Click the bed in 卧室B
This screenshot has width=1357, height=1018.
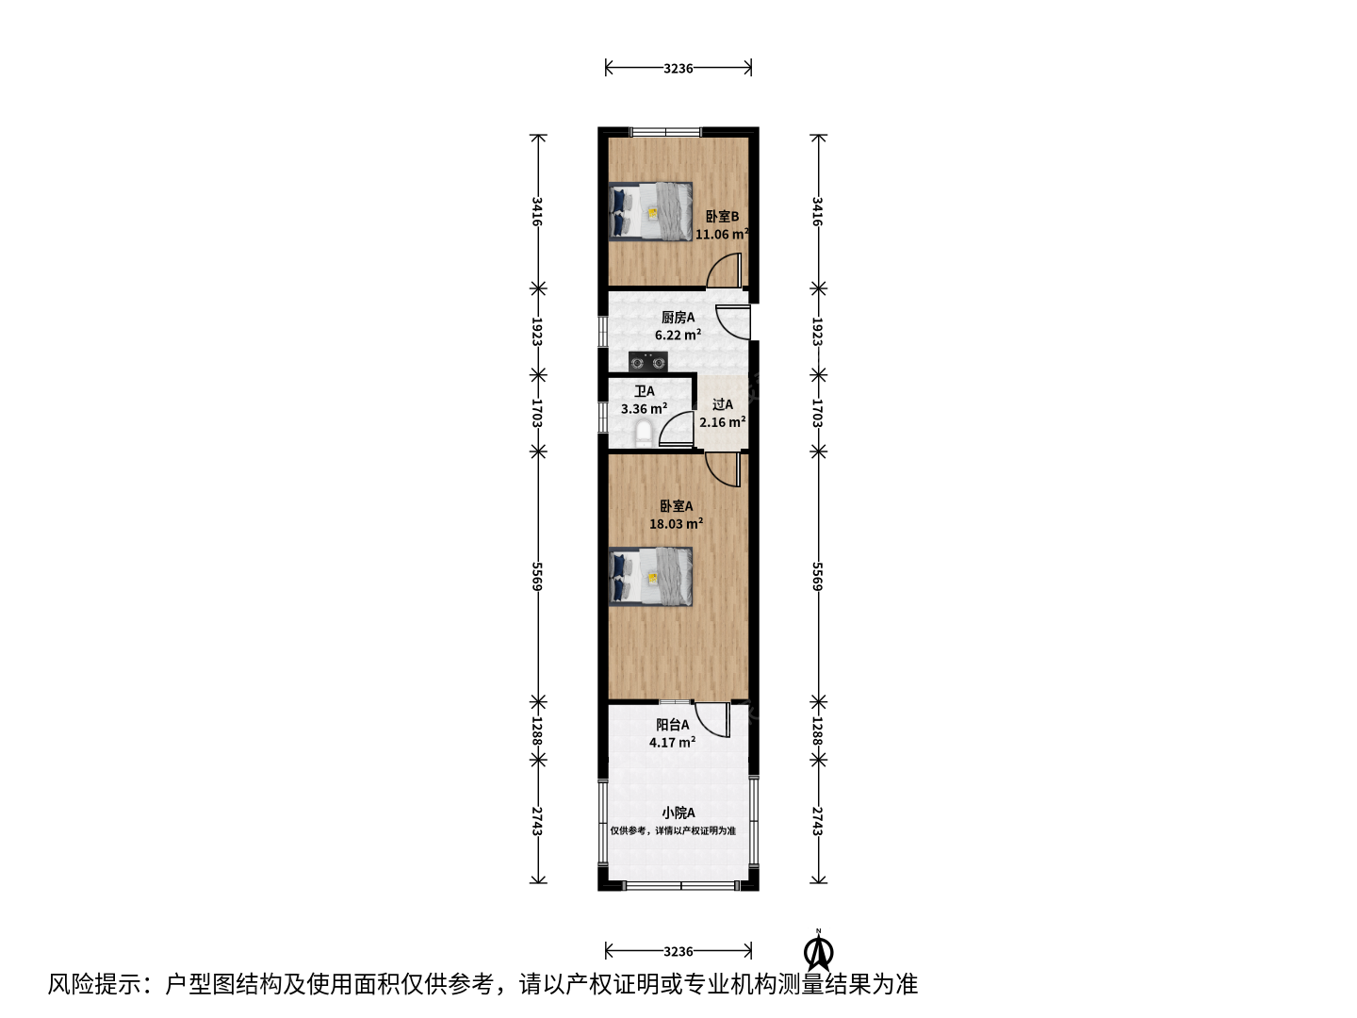click(650, 211)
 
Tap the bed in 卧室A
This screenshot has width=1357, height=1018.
click(650, 577)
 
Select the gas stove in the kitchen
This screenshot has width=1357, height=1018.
click(648, 361)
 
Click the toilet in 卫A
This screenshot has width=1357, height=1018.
click(644, 434)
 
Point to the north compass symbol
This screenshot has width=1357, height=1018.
click(819, 953)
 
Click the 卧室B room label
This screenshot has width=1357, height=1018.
click(722, 217)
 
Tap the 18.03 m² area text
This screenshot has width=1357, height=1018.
click(676, 523)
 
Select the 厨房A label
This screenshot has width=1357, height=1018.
click(678, 318)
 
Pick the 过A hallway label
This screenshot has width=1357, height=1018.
click(722, 405)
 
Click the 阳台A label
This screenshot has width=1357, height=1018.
click(673, 725)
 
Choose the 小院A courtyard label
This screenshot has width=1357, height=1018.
click(678, 813)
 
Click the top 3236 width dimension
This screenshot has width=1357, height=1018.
click(678, 68)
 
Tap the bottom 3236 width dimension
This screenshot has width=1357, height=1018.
click(678, 951)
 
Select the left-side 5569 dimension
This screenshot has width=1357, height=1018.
click(537, 576)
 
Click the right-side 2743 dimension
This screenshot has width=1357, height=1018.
click(818, 821)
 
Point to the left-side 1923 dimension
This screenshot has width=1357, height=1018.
click(537, 332)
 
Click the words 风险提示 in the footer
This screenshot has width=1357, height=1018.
click(95, 984)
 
